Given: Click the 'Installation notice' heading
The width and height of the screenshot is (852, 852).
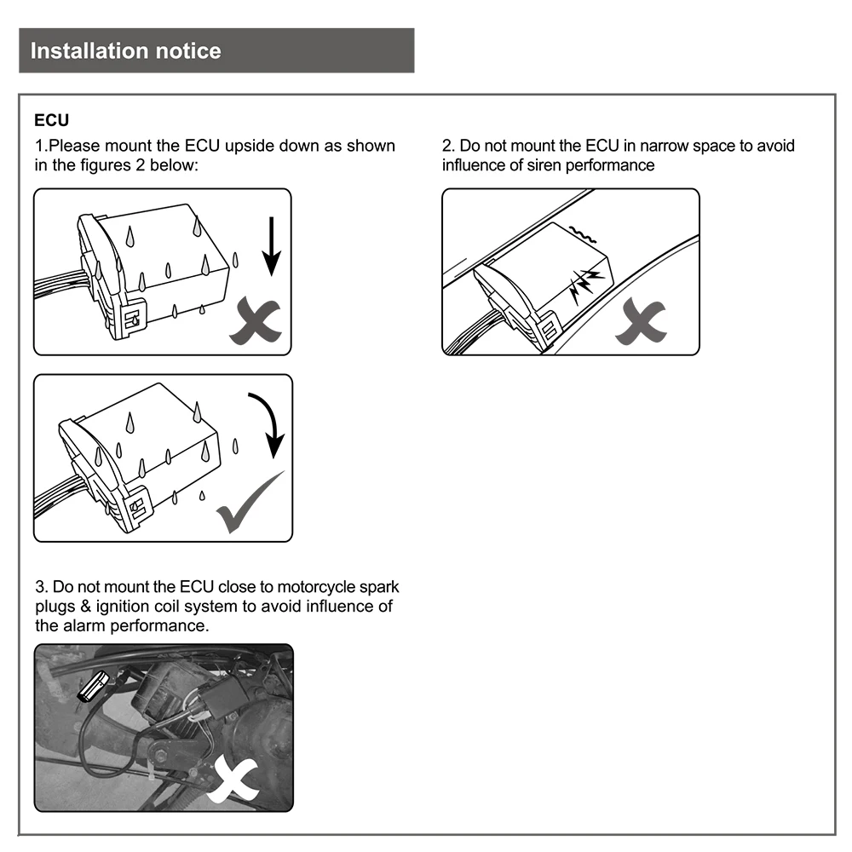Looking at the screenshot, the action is [125, 51].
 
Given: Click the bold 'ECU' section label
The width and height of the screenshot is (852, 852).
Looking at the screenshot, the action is [51, 121].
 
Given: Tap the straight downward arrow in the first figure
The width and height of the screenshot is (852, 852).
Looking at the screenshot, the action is [270, 246].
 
